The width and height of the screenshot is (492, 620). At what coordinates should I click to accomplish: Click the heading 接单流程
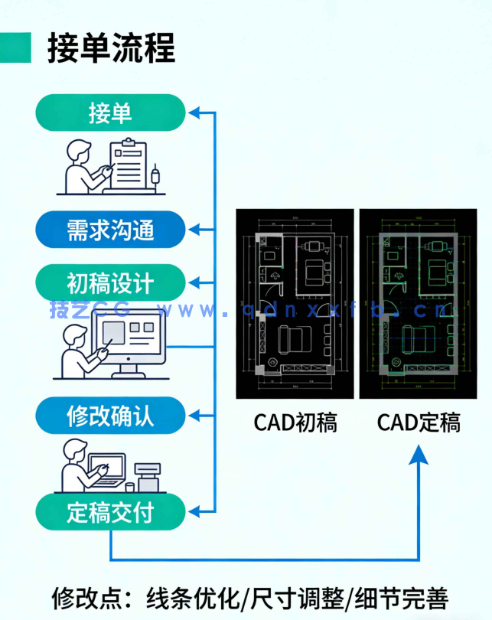click(111, 47)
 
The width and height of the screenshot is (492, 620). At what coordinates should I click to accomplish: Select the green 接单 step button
click(110, 113)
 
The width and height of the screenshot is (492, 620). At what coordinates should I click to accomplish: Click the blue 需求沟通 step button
click(110, 229)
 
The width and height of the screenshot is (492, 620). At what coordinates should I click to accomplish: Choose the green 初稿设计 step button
click(110, 283)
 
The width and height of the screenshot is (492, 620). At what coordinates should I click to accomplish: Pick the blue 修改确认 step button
click(110, 416)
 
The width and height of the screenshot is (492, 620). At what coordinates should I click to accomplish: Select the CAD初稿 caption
click(295, 422)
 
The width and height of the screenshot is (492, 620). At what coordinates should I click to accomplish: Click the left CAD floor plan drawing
click(295, 303)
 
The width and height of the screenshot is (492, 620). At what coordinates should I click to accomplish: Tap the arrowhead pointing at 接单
click(195, 113)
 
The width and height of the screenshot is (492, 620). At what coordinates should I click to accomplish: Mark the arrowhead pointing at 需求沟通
click(195, 229)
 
